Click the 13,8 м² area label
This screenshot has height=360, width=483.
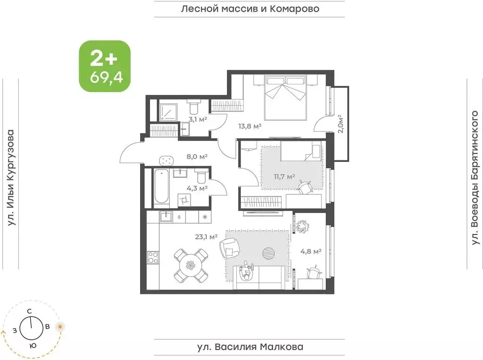point(250,126)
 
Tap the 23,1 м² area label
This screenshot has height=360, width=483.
point(206,236)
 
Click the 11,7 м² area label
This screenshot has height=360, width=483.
point(284,176)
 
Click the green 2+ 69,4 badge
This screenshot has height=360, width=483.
point(104,66)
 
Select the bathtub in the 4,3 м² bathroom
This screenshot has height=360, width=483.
point(161,188)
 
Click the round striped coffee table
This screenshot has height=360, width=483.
point(270,253)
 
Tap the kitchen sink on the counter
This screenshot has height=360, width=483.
point(166,217)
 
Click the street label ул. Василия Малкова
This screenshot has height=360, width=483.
point(250,347)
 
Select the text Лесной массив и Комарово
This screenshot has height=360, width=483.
point(250,8)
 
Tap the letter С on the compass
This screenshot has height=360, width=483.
point(29,311)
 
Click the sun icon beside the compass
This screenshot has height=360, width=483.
point(60,327)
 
